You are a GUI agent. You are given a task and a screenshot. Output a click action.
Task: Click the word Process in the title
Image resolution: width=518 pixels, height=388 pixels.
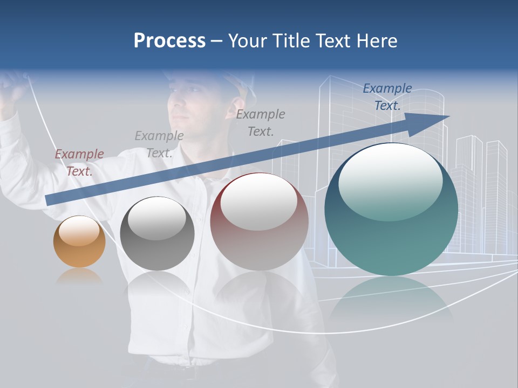[169, 41]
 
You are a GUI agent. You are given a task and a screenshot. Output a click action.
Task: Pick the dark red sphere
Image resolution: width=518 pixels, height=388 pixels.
[259, 221]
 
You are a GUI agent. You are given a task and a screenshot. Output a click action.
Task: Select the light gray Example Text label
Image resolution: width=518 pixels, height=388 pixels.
[159, 144]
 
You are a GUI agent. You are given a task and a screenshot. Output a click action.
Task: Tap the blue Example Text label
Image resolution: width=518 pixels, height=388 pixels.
[387, 97]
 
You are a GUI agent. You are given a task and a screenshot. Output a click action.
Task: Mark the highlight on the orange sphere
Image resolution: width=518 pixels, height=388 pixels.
[79, 231]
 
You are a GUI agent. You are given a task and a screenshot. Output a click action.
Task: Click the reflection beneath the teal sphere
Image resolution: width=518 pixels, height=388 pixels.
[391, 296]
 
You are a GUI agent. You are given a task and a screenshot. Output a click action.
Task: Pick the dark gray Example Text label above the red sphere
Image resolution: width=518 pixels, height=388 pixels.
[261, 122]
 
